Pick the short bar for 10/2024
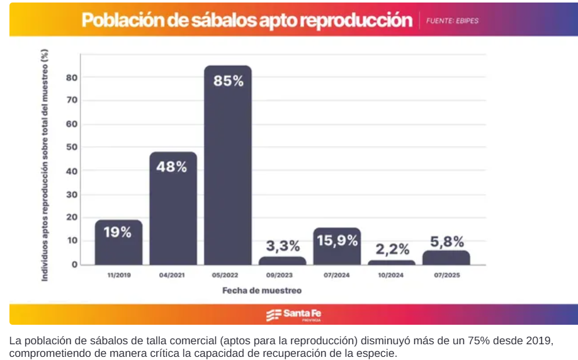[392, 262]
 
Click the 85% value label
[228, 81]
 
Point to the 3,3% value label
[283, 244]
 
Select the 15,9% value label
[337, 240]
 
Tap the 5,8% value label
[446, 241]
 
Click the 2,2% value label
[392, 249]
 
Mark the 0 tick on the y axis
[74, 264]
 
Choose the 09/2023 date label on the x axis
[283, 276]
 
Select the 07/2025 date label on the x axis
[446, 276]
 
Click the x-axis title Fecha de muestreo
[261, 291]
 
